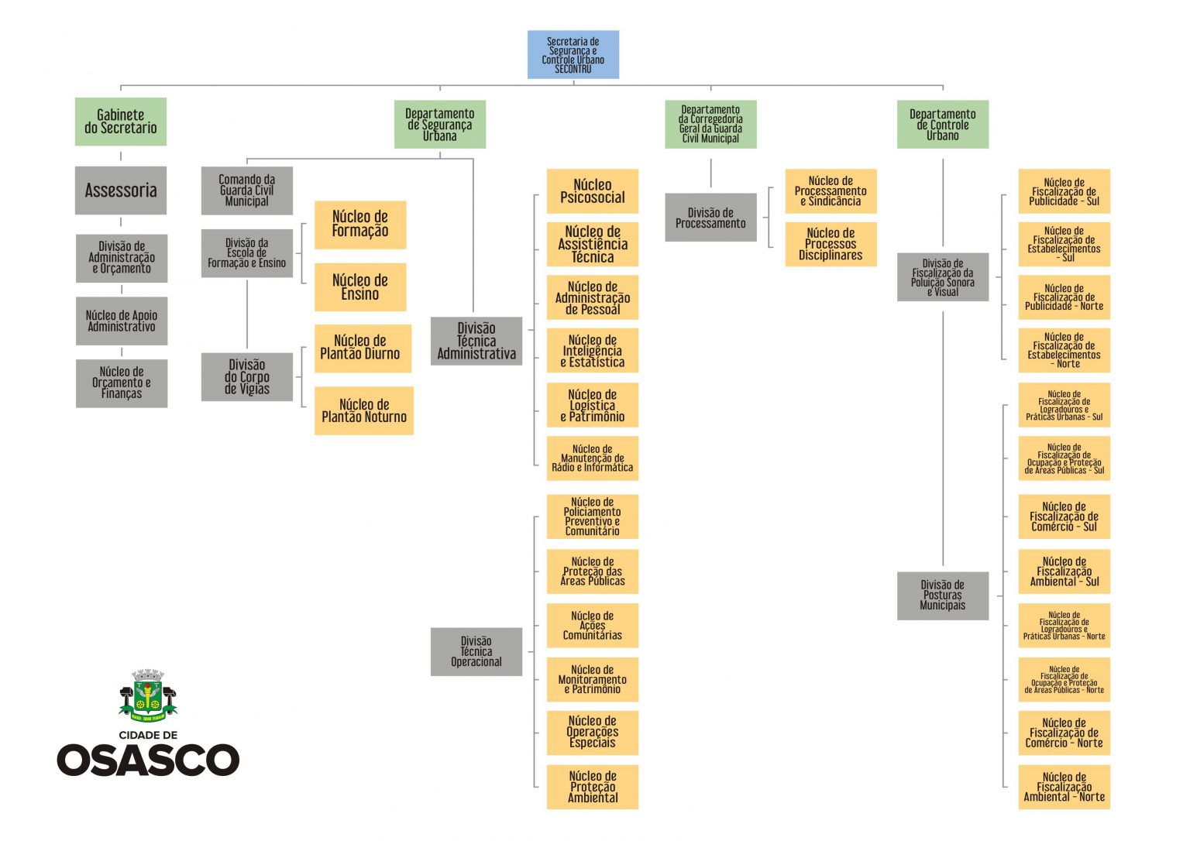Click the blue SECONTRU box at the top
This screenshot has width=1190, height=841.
click(573, 55)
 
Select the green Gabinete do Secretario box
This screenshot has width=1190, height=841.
click(121, 122)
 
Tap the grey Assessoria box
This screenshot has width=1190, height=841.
click(121, 191)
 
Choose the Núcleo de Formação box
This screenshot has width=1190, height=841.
click(360, 225)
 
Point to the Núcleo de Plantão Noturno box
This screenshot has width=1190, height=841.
click(363, 410)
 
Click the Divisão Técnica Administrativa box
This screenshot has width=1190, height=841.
click(476, 341)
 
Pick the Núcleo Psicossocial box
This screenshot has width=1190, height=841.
click(593, 191)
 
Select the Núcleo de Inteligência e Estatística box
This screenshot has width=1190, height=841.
click(593, 351)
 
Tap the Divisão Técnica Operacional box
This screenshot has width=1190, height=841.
click(476, 651)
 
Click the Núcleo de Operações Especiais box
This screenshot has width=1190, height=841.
click(593, 733)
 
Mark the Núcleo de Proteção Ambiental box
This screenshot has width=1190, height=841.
click(593, 787)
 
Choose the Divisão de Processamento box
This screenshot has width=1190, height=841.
click(710, 218)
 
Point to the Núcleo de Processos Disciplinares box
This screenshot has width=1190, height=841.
click(831, 244)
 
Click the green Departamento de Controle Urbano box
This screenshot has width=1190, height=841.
click(942, 125)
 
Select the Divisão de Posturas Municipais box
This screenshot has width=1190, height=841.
click(942, 596)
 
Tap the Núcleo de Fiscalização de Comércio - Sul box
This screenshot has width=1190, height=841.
click(1064, 517)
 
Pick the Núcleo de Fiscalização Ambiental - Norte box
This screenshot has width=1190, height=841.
click(1064, 787)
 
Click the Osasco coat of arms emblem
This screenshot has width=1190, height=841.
click(148, 694)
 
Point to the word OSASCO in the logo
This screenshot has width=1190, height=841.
click(148, 760)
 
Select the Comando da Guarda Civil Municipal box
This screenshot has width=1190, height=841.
click(246, 191)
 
